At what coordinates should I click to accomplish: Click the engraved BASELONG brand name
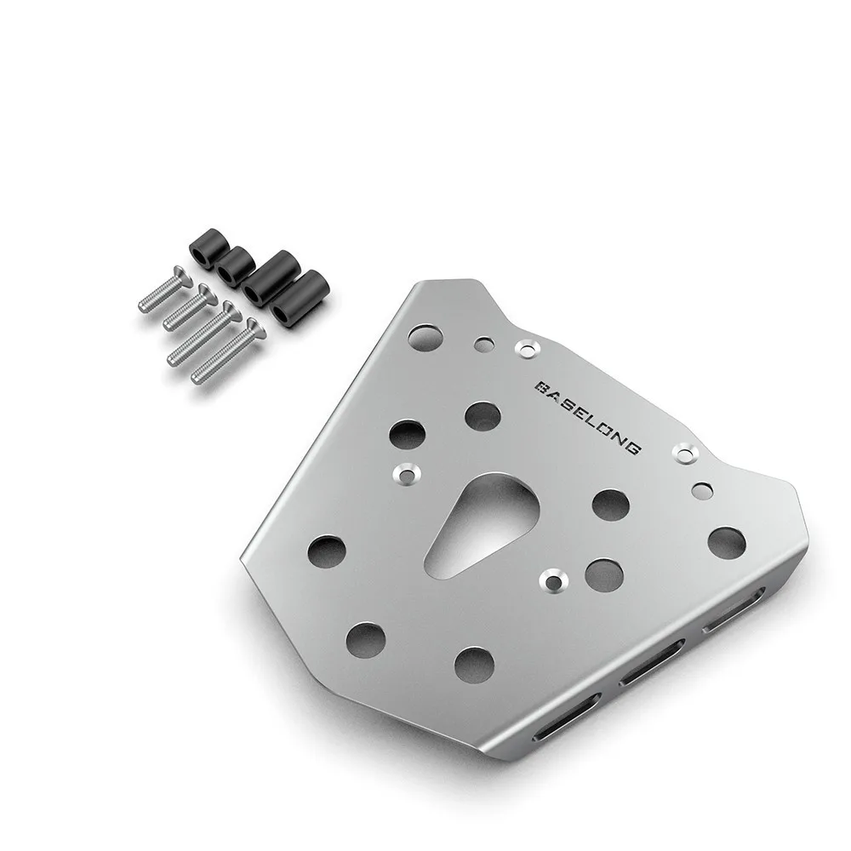pos(588,417)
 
